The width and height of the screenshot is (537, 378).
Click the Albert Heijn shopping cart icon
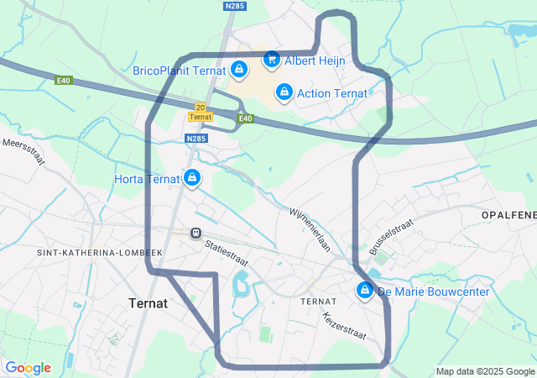coord(271,59)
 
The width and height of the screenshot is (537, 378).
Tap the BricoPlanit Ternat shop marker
coord(239,69)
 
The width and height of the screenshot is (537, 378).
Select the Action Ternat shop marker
coord(284,91)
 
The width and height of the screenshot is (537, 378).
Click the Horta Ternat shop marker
coord(192,177)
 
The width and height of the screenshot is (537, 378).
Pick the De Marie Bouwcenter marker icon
coord(365,291)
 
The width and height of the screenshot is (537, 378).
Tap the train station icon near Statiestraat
coord(196,233)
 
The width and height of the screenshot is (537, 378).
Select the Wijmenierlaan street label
coord(310,230)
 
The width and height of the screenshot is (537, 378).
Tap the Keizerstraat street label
coord(344,326)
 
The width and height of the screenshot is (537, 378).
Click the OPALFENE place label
coord(508,216)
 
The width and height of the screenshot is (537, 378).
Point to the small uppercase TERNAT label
coord(318,301)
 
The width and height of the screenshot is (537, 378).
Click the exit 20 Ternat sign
coord(200,112)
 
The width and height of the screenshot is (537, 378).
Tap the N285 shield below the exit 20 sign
coord(196,139)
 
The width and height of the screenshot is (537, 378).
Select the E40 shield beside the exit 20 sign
coord(245,118)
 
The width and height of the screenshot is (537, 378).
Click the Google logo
coord(28,368)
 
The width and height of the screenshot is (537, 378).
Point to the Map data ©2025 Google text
coord(485,371)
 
